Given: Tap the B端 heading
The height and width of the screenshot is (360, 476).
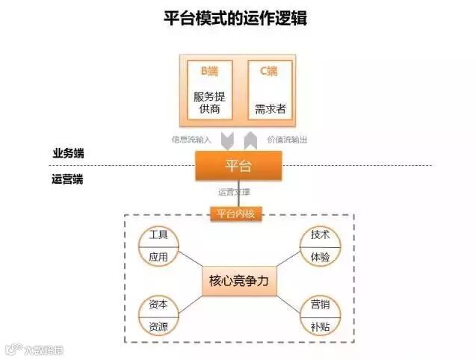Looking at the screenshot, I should (209, 72).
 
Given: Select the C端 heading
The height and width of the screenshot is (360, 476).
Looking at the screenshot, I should (269, 72).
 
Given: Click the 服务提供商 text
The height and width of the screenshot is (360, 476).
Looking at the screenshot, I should (209, 102).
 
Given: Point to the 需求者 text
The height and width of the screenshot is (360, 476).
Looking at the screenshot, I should (269, 109).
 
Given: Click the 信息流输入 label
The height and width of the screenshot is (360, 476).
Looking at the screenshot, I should (192, 140).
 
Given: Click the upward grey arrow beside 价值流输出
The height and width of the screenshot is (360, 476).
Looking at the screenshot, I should (251, 139).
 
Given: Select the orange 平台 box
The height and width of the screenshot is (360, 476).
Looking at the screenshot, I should (238, 165).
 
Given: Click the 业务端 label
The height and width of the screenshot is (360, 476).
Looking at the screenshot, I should (68, 153).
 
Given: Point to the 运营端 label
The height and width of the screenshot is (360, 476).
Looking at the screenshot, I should (68, 179).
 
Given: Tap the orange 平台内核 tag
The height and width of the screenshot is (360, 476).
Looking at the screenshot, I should (238, 214).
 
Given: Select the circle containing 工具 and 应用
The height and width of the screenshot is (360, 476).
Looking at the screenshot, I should (158, 246).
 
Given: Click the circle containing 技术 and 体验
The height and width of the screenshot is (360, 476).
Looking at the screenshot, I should (320, 246).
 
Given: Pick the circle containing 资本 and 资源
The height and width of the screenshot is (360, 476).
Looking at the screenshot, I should (158, 315).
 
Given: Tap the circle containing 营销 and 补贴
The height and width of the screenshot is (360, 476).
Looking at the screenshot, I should (320, 315).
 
